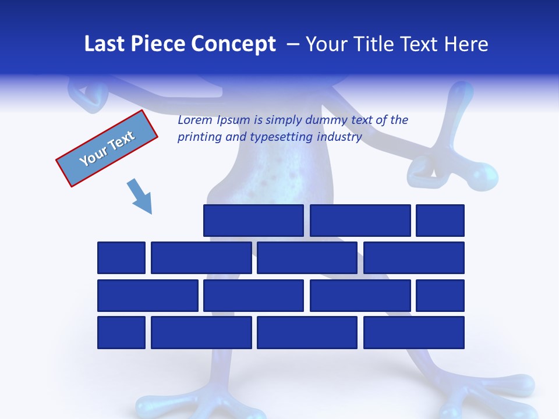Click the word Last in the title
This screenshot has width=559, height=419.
(x=104, y=44)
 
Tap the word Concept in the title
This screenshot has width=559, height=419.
(x=233, y=44)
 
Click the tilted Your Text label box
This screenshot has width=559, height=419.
(x=107, y=148)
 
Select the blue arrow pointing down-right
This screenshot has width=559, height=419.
(x=140, y=197)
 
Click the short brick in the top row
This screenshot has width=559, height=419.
(x=440, y=221)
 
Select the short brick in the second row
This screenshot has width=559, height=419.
(x=121, y=258)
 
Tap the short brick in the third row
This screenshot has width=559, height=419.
(x=440, y=296)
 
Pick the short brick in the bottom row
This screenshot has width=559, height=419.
(x=121, y=333)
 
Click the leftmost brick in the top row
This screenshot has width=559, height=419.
(x=253, y=221)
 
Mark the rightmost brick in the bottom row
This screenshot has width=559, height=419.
(x=414, y=333)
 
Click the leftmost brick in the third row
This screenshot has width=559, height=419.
(x=147, y=296)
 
